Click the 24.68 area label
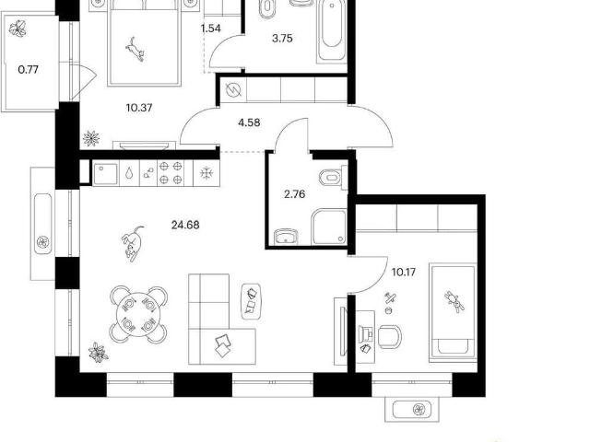pyautogui.click(x=185, y=225)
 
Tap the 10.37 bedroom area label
pyautogui.click(x=139, y=109)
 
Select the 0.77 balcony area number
pyautogui.click(x=29, y=70)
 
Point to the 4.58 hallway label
pyautogui.click(x=249, y=122)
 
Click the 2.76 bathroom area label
pyautogui.click(x=295, y=194)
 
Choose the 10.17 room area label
pyautogui.click(x=404, y=272)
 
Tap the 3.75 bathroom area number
pyautogui.click(x=282, y=39)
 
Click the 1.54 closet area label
pyautogui.click(x=211, y=29)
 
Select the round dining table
pyautogui.click(x=138, y=315)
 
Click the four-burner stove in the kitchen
pyautogui.click(x=171, y=173)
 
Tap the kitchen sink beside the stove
pyautogui.click(x=105, y=173)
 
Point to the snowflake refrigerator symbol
pyautogui.click(x=206, y=173)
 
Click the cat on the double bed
pyautogui.click(x=136, y=49)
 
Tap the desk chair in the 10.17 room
pyautogui.click(x=389, y=336)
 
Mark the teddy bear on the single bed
pyautogui.click(x=454, y=301)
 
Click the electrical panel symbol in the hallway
pyautogui.click(x=233, y=90)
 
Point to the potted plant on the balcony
pyautogui.click(x=18, y=29)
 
